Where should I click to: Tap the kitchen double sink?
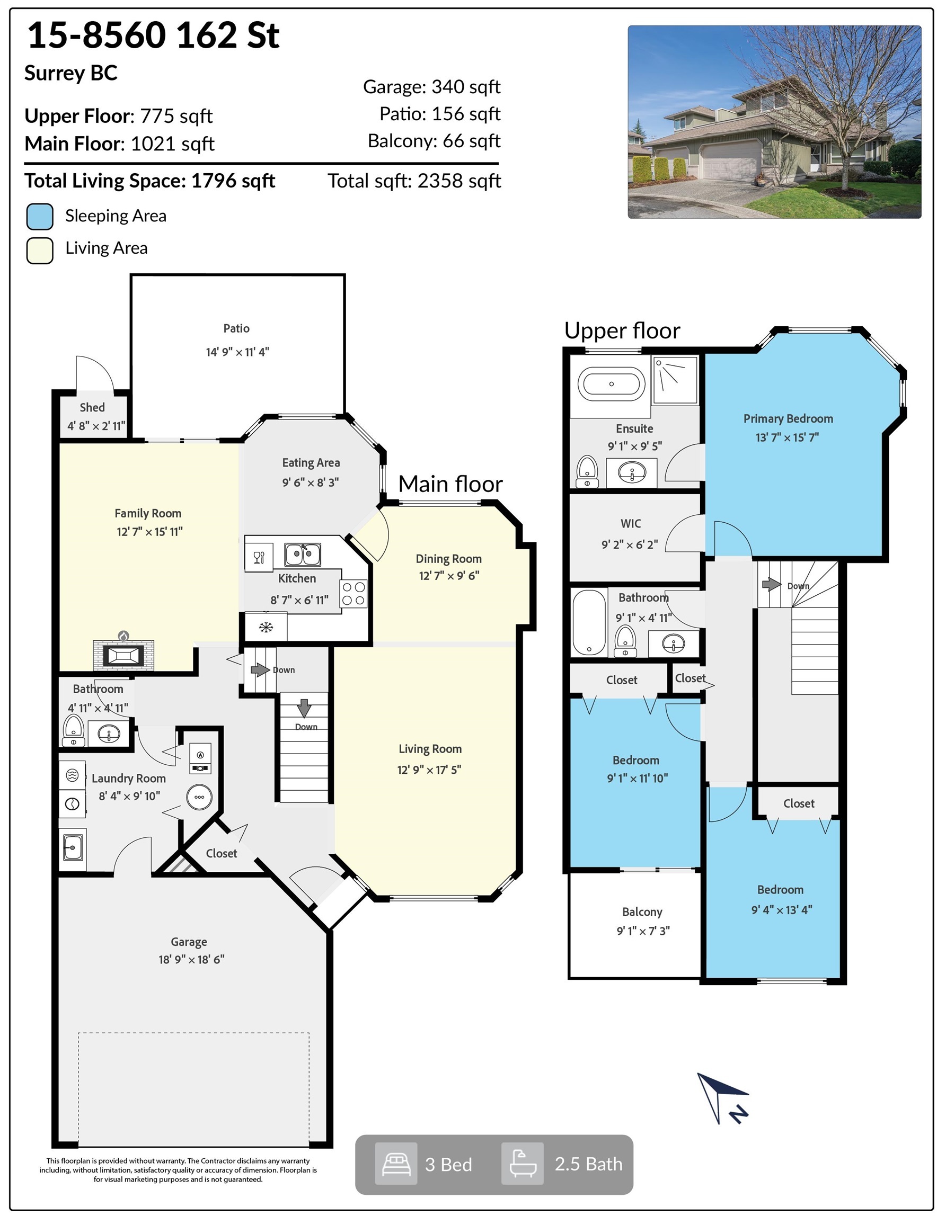[x=303, y=555]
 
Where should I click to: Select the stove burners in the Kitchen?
[x=353, y=594]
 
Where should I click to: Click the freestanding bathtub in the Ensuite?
[x=611, y=383]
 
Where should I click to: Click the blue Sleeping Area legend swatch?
[x=40, y=216]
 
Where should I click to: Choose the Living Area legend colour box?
[x=40, y=250]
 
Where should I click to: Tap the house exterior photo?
[x=774, y=122]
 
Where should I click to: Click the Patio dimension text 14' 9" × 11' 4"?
[x=237, y=352]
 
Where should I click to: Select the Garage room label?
[x=189, y=942]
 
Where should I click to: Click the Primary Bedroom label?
[x=788, y=419]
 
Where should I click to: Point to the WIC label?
[x=631, y=523]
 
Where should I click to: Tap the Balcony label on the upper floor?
[x=642, y=911]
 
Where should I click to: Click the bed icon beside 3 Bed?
[x=396, y=1164]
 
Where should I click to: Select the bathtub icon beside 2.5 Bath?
[x=523, y=1164]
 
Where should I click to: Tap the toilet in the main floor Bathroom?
[x=73, y=730]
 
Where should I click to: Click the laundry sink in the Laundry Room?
[x=73, y=847]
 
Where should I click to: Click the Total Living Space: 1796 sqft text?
[x=150, y=181]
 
